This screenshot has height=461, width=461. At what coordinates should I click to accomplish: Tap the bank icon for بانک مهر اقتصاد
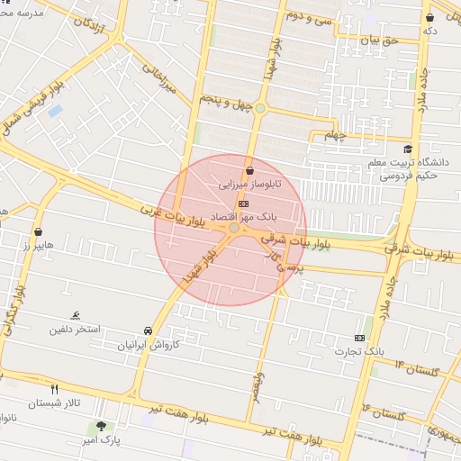pos(241,204)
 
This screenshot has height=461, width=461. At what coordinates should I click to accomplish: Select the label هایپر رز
pos(40,245)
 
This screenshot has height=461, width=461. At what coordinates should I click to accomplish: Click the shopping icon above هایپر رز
pos(38,231)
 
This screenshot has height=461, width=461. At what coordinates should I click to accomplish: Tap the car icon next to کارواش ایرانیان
pos(148,331)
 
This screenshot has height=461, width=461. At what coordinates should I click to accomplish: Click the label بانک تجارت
pos(360,350)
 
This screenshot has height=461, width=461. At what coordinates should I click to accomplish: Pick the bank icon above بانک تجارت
pos(360,337)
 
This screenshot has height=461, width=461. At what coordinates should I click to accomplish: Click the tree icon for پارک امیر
pos(101,426)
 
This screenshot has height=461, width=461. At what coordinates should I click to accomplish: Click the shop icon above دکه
pos(430,17)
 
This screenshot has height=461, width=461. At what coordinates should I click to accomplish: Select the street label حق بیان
pos(378,41)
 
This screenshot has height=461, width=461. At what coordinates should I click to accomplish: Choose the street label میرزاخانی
pos(163,78)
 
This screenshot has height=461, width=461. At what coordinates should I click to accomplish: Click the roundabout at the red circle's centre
pos(234,229)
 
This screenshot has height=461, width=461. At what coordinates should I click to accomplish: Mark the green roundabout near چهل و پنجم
pos(259,109)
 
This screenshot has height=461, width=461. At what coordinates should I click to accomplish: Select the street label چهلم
pos(334,135)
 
